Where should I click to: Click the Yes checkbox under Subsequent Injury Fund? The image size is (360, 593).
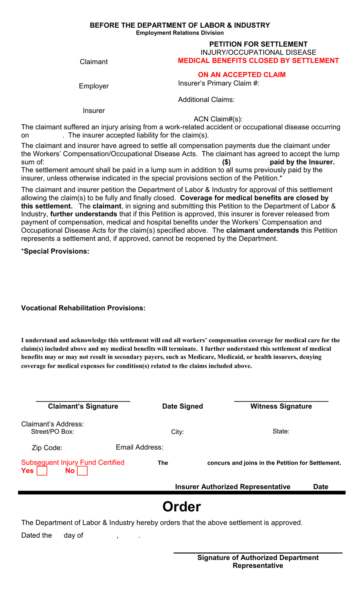click(42, 471)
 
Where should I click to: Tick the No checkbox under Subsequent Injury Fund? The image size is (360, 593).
click(82, 471)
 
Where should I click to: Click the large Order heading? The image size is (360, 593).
click(182, 507)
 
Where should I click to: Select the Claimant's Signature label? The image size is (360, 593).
click(83, 406)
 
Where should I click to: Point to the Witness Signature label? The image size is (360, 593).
click(281, 406)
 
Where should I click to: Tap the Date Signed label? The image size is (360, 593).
click(182, 406)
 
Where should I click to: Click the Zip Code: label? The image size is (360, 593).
click(47, 448)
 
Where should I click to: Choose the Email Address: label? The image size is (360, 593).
click(139, 447)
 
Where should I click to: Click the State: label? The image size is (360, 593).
click(281, 431)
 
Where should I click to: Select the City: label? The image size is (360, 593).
click(177, 432)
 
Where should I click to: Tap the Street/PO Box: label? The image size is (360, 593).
click(52, 432)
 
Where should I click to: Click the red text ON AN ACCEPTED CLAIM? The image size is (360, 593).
click(241, 75)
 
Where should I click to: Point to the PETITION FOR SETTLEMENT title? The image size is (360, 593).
click(258, 44)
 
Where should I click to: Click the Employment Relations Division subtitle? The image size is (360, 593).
click(180, 33)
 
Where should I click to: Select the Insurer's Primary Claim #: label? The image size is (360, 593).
click(218, 83)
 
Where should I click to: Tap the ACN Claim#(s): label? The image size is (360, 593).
click(218, 119)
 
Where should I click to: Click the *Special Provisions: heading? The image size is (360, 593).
click(55, 251)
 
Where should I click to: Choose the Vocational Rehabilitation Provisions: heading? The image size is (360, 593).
click(83, 308)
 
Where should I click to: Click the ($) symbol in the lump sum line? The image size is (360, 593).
click(226, 162)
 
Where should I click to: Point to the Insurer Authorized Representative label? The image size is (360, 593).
click(232, 487)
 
